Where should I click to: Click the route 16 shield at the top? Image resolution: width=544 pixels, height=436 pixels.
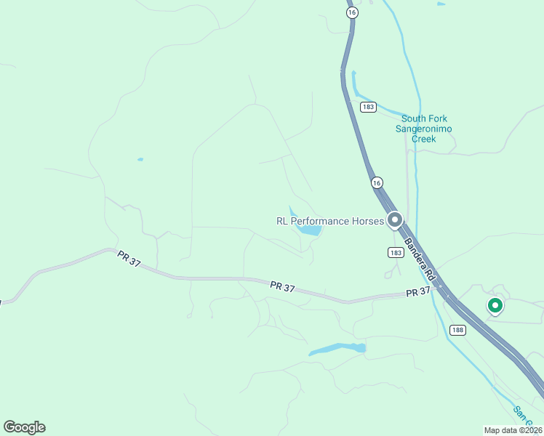(x=352, y=13)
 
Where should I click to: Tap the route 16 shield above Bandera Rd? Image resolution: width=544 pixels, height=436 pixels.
(x=376, y=182)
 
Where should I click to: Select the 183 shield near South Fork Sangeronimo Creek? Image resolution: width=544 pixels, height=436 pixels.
(x=368, y=107)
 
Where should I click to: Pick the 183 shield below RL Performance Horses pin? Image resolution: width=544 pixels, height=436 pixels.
(x=395, y=252)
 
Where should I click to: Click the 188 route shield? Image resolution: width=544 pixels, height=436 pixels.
(x=457, y=331)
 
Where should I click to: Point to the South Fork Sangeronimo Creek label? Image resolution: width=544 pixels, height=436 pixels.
(x=424, y=129)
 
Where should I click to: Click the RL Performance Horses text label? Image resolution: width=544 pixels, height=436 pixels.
(x=329, y=221)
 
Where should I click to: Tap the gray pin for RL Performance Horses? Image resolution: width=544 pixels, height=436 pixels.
(x=395, y=219)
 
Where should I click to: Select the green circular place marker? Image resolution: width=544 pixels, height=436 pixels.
(x=495, y=306)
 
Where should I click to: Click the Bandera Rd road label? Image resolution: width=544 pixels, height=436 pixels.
(x=420, y=259)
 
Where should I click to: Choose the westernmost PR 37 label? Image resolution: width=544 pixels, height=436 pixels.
(x=129, y=259)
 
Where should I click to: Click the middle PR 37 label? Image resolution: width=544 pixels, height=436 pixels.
(x=282, y=288)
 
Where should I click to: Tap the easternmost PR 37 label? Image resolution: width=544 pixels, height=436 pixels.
(x=418, y=291)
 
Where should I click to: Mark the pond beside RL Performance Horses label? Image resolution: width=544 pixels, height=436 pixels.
(x=309, y=230)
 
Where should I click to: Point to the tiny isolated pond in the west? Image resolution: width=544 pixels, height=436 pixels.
(x=140, y=159)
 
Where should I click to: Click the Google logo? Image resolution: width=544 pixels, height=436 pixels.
(x=24, y=427)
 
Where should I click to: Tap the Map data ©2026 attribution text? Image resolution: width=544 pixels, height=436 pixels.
(x=513, y=430)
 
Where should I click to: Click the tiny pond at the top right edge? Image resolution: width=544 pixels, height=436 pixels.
(x=441, y=4)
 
